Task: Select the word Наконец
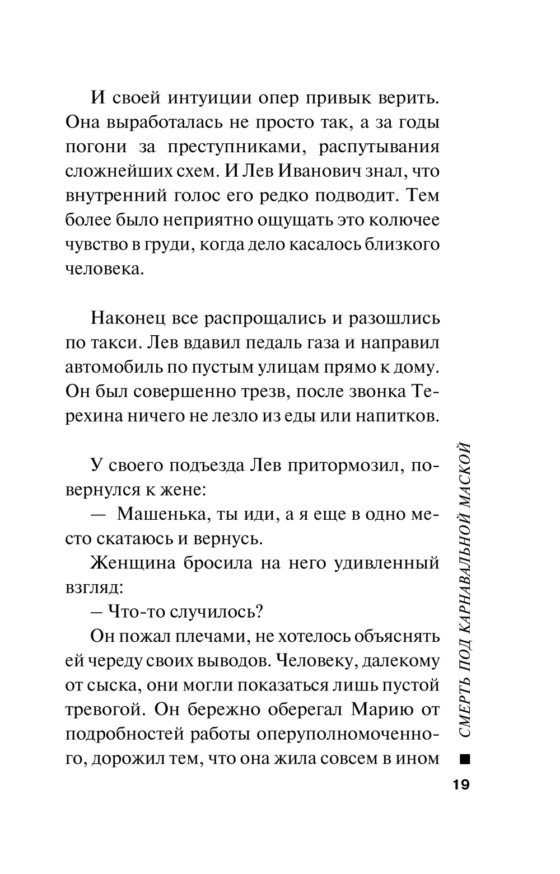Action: pyautogui.click(x=126, y=318)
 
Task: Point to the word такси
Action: pyautogui.click(x=114, y=342)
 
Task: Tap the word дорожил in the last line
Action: pyautogui.click(x=128, y=759)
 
